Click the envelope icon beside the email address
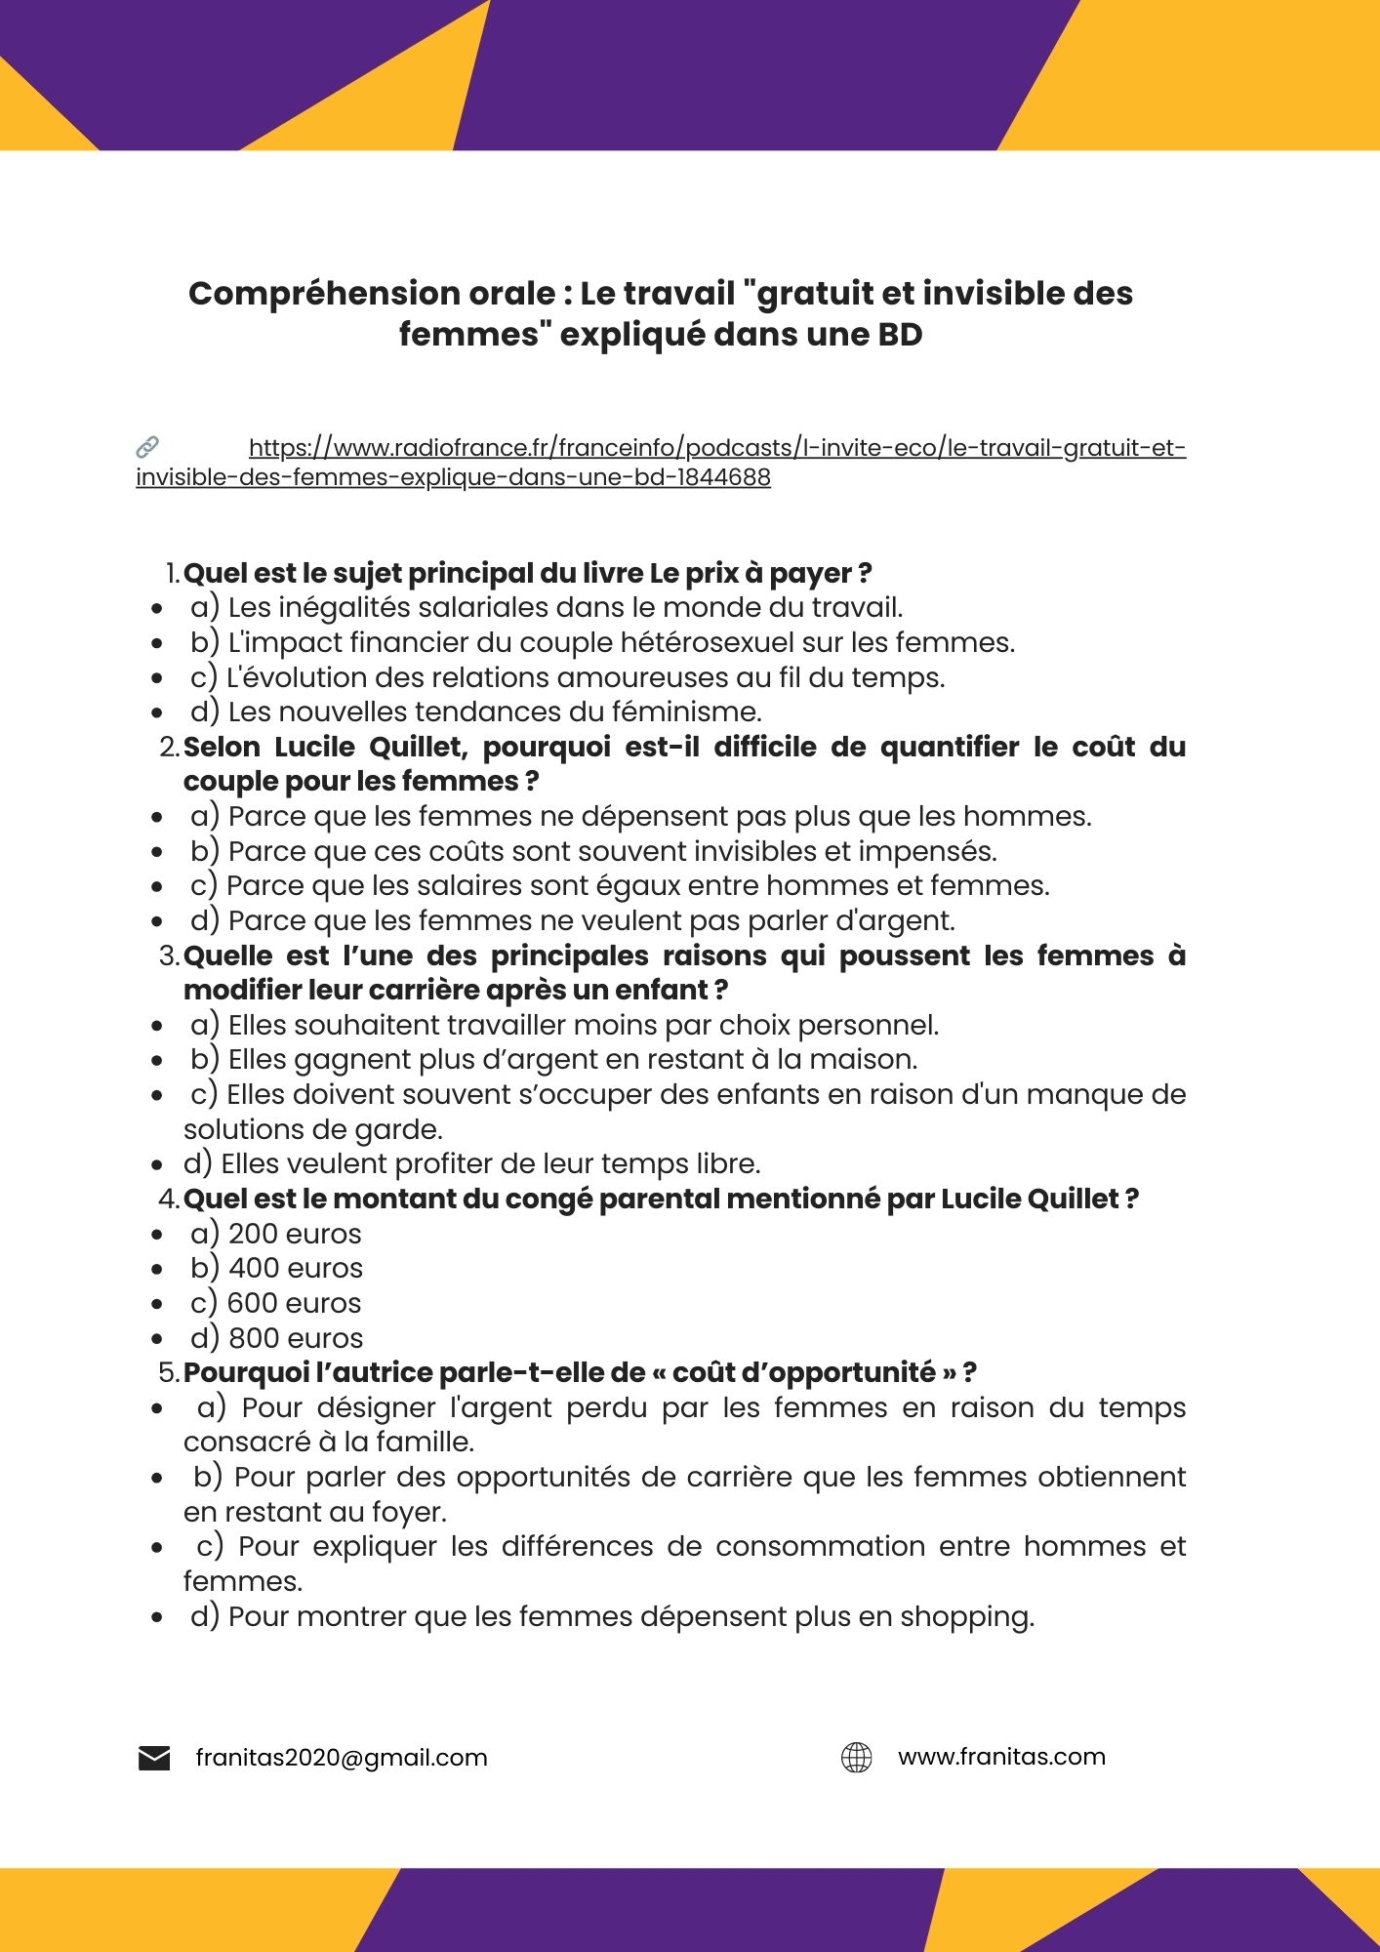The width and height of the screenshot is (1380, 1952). [154, 1759]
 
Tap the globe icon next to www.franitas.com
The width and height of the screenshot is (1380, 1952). [856, 1758]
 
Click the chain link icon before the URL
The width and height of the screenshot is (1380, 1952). [147, 448]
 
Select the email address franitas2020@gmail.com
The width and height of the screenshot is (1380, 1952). [342, 1758]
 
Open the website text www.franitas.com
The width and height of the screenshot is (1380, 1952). [1001, 1757]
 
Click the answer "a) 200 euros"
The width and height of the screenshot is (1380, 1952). [276, 1234]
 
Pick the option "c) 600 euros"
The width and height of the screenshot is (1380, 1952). [276, 1303]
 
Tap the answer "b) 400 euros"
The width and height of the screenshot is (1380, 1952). [277, 1268]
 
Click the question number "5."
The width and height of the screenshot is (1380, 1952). [169, 1373]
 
